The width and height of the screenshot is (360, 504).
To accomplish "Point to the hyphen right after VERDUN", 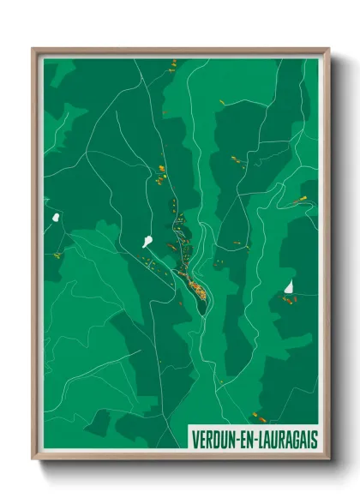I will coord(239,439).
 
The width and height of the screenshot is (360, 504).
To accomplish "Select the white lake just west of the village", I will coord(147,242).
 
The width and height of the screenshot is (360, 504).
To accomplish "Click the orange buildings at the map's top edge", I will coord(171,63).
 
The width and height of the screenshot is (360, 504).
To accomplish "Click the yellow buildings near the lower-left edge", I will coord(57,255).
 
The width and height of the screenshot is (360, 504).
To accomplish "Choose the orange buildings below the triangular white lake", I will coord(289,300).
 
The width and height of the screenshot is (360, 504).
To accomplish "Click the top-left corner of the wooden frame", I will coord(33,50).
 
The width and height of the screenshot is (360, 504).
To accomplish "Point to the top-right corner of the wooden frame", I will coord(328,50).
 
